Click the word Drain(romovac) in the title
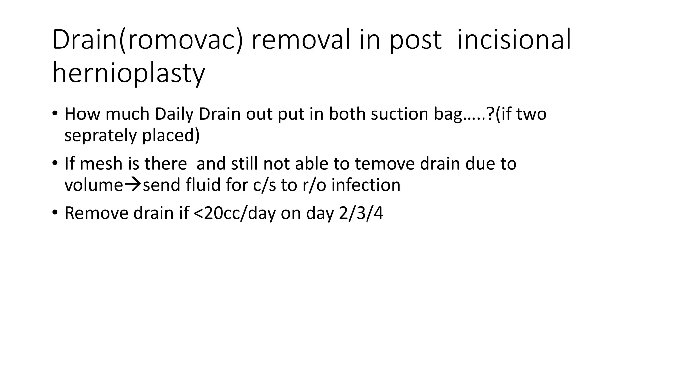pos(147,40)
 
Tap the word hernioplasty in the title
pos(129,73)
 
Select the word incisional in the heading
pos(514,40)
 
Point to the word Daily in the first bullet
pos(174,114)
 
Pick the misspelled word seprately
pos(100,135)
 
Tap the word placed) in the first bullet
pos(171,135)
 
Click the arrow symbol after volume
pos(132,185)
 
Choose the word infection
pos(366,185)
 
